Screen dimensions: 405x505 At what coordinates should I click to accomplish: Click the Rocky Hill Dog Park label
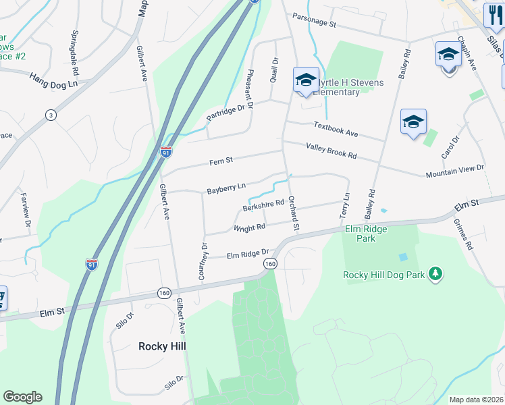[382, 274]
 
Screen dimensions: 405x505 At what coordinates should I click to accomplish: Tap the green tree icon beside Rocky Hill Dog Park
[436, 273]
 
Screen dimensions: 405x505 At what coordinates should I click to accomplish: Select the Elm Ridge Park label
[366, 234]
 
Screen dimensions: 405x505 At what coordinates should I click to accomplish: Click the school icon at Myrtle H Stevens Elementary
[305, 80]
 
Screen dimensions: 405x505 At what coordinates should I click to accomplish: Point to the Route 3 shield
[50, 115]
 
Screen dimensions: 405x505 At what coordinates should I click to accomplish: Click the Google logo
[22, 397]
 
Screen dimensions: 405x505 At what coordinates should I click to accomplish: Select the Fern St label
[221, 161]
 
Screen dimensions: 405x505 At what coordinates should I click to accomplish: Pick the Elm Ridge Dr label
[247, 254]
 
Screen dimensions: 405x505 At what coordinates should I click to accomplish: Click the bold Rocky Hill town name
[162, 346]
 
